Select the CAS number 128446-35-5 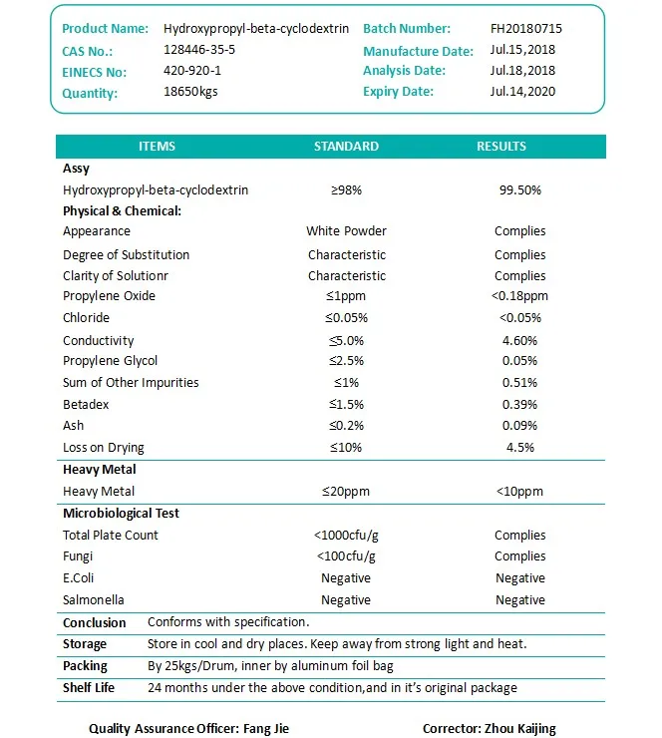[x=199, y=50]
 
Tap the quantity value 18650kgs [x=190, y=92]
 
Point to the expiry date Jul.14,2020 [x=523, y=92]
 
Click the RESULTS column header [x=500, y=146]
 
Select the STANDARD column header [x=346, y=146]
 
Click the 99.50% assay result [x=519, y=189]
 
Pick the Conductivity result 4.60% [x=519, y=340]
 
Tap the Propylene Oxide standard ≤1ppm [x=346, y=296]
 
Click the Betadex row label [x=86, y=404]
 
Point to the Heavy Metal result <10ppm [x=519, y=492]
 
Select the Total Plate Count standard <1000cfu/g [x=346, y=536]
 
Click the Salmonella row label [x=94, y=600]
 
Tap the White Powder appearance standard [x=346, y=231]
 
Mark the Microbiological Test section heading [x=121, y=514]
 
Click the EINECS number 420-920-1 [x=192, y=71]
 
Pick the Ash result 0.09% [x=519, y=426]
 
